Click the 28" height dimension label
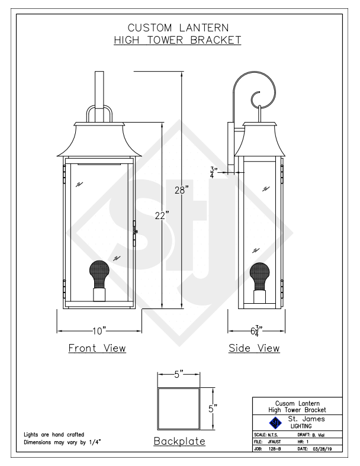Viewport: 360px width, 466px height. [181, 189]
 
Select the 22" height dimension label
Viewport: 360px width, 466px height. [162, 215]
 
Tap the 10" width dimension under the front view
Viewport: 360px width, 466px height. [99, 331]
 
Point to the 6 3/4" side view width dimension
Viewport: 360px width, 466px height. [256, 331]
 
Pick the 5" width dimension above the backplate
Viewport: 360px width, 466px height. [179, 374]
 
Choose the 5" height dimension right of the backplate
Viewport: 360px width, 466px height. [213, 409]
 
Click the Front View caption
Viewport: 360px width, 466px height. [97, 348]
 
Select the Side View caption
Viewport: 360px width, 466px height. [254, 348]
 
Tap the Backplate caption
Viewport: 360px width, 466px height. [179, 441]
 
